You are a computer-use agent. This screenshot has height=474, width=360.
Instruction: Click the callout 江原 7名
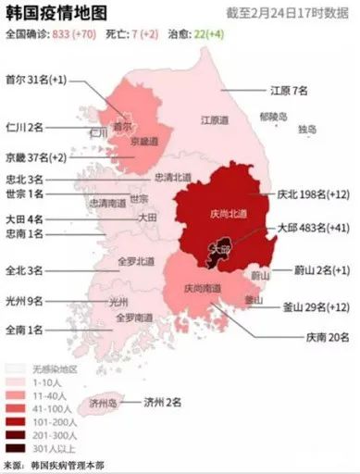[x=288, y=91]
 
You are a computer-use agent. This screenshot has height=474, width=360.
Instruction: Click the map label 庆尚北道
[x=228, y=215]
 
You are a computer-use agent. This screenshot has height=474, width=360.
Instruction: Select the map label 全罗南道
[x=133, y=318]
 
